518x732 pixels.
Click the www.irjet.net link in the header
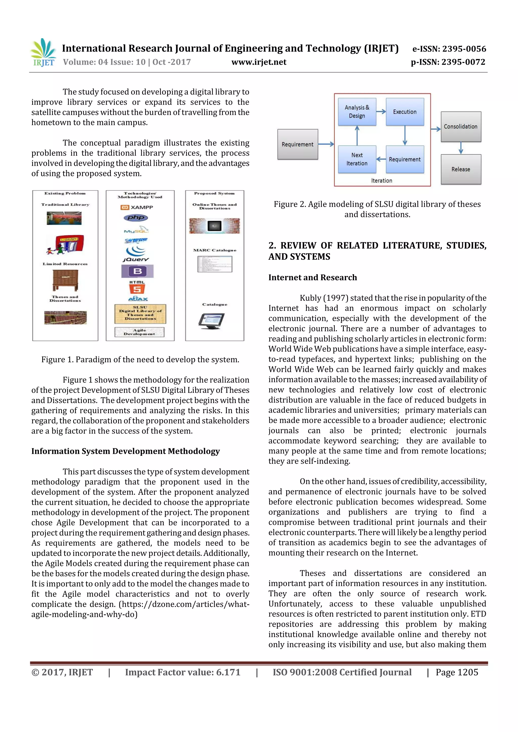click(259, 62)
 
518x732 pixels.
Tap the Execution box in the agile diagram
click(405, 112)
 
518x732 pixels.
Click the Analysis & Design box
click(357, 112)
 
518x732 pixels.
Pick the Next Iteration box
click(357, 159)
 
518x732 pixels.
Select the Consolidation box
click(461, 127)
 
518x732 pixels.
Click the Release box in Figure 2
click(461, 169)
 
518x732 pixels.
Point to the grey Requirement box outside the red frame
click(297, 144)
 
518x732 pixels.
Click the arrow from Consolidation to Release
click(461, 148)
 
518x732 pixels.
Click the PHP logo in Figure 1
click(136, 218)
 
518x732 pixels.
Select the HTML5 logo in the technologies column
click(137, 287)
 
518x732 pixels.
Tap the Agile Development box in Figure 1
click(139, 332)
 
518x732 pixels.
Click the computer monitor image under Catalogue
click(211, 321)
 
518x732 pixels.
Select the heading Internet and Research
click(312, 277)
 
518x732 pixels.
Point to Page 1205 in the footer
click(457, 672)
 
